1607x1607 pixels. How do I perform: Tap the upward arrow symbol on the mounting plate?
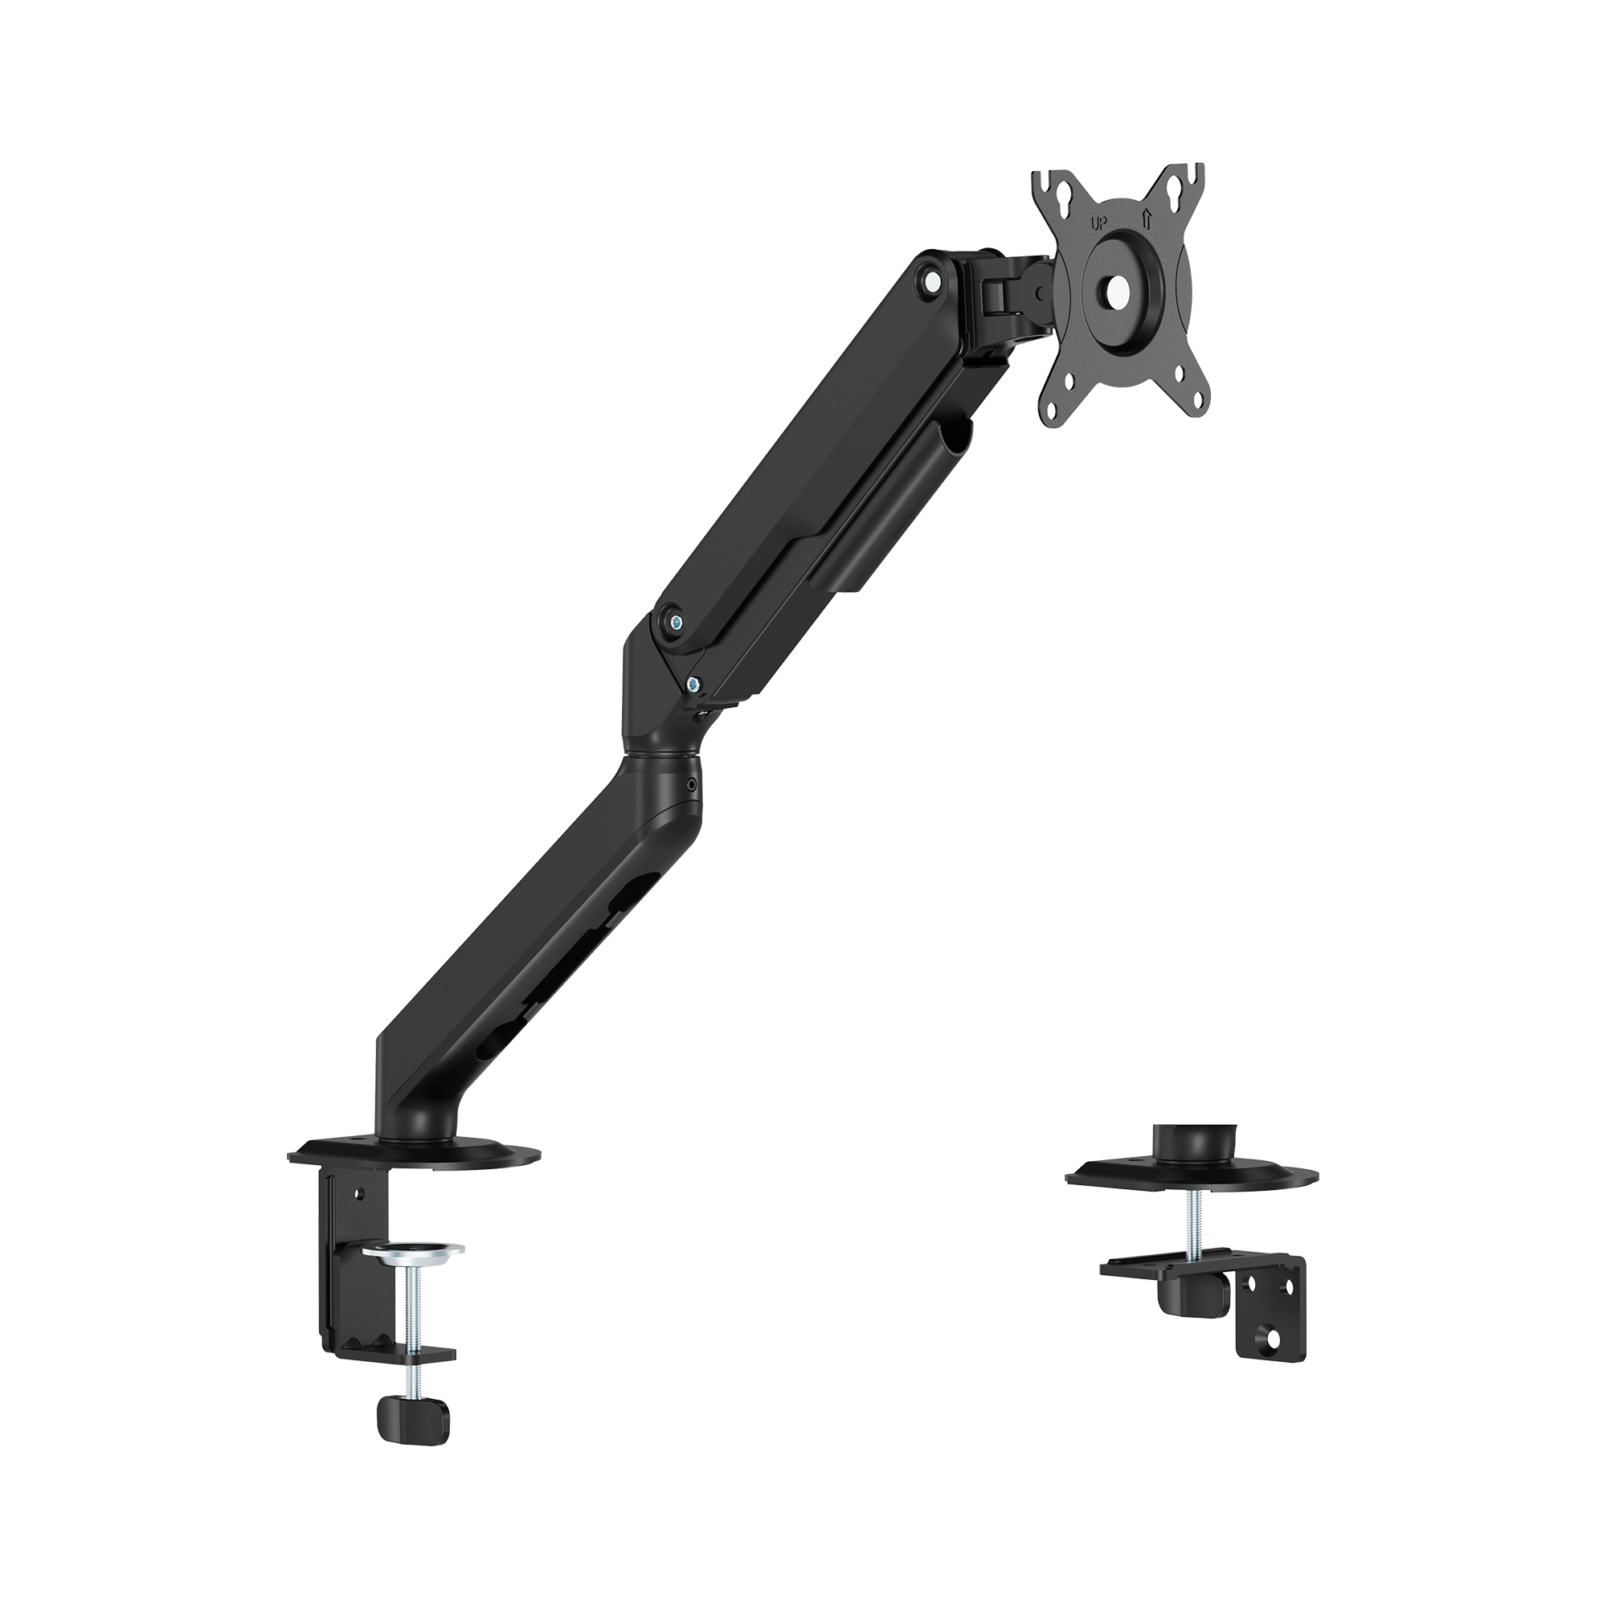coord(1147,219)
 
